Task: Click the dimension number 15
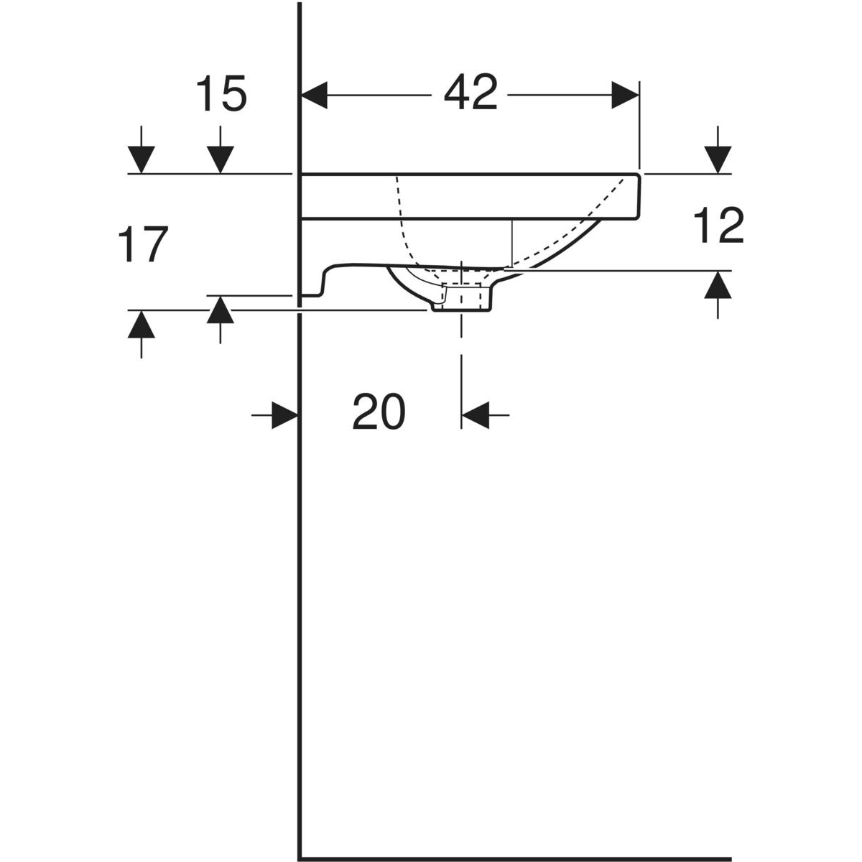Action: click(221, 93)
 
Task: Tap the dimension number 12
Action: click(718, 226)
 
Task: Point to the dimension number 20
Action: click(379, 412)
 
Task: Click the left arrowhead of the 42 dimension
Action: click(315, 96)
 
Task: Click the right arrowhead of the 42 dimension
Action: click(625, 96)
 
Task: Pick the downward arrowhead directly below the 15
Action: click(220, 159)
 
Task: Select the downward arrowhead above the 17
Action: click(142, 159)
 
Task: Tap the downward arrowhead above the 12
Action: click(718, 159)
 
